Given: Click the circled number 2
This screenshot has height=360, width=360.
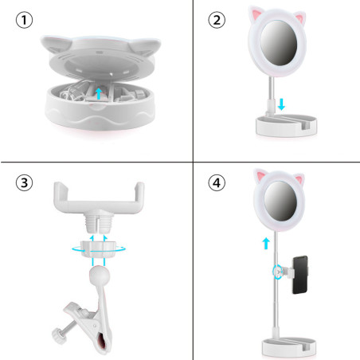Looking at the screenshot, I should click(x=217, y=19).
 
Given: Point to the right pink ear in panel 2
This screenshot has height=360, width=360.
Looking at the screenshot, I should click(x=304, y=15).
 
